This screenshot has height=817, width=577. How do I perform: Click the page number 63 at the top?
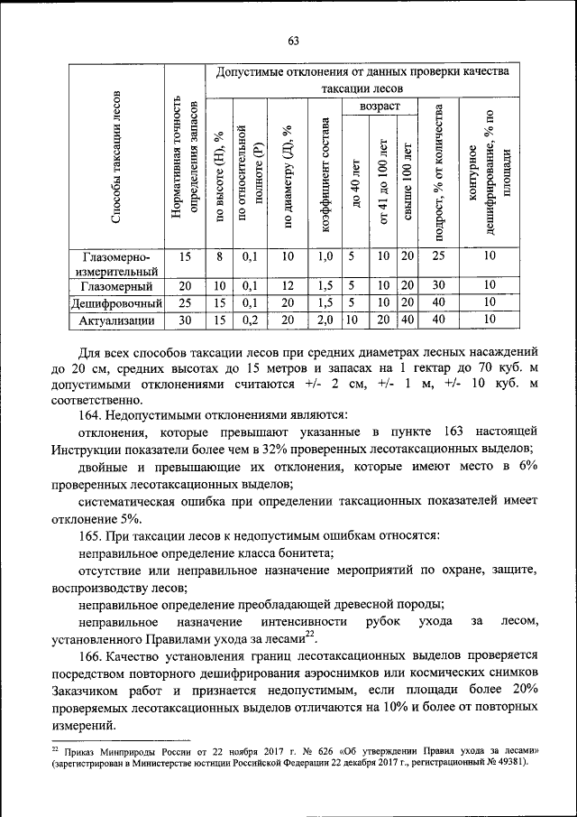(293, 40)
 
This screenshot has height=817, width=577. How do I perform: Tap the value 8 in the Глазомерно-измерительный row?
(219, 256)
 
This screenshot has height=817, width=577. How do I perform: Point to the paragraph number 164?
(92, 414)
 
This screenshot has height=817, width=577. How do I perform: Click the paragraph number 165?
(92, 534)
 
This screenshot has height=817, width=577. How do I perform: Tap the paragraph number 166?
(92, 655)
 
